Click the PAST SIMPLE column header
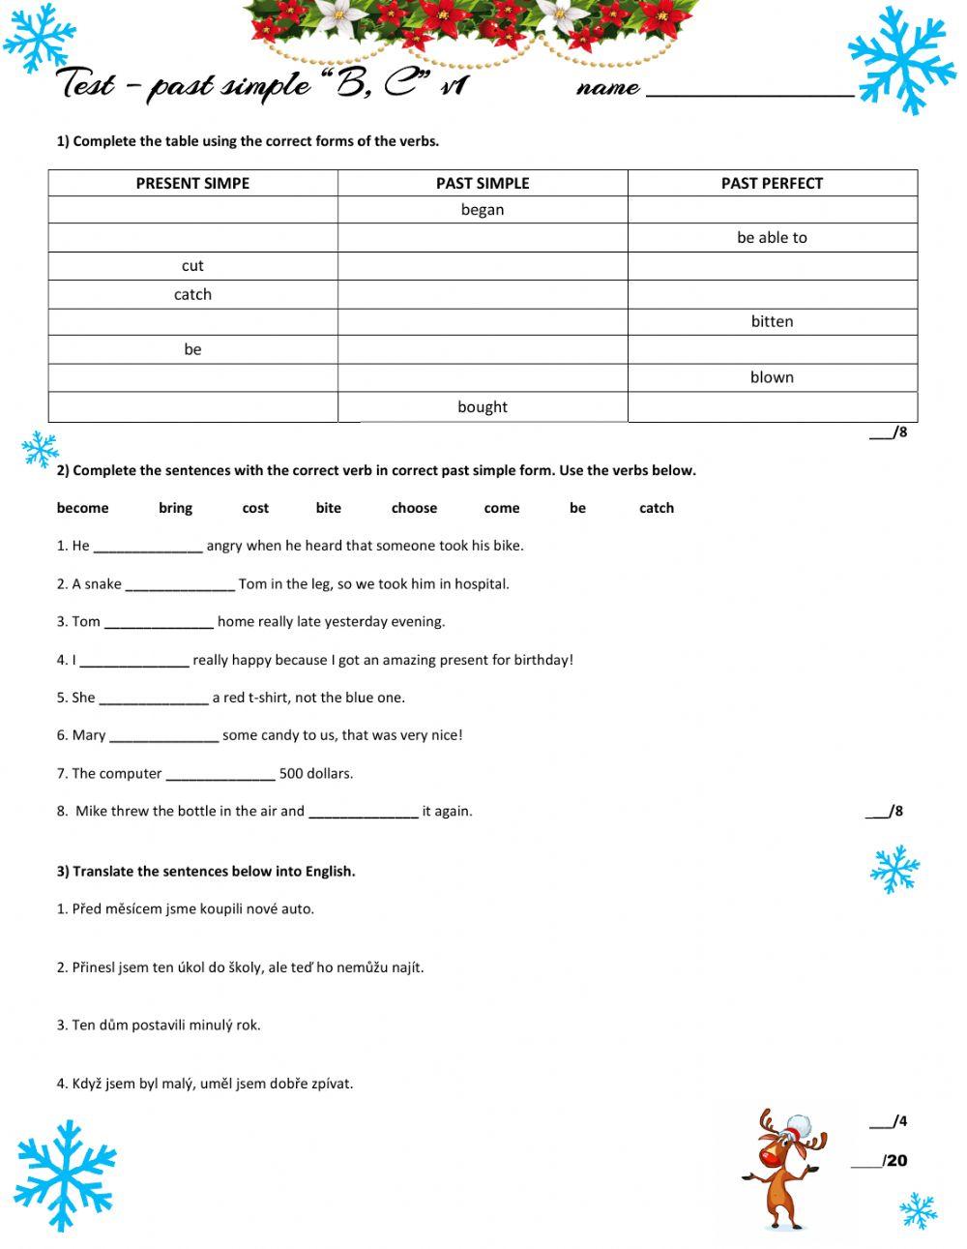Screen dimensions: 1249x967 pyautogui.click(x=483, y=183)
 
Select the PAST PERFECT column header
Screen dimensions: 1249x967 pyautogui.click(x=772, y=183)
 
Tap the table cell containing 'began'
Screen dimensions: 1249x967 pyautogui.click(x=483, y=210)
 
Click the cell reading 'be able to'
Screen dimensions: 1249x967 pyautogui.click(x=772, y=238)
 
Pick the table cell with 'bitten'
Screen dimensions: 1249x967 pyautogui.click(x=772, y=322)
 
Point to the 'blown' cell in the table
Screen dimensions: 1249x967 pyautogui.click(x=772, y=378)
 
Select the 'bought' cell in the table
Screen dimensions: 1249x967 pyautogui.click(x=483, y=407)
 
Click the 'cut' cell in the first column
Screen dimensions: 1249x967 pyautogui.click(x=192, y=266)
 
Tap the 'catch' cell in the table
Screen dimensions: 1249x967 pyautogui.click(x=192, y=295)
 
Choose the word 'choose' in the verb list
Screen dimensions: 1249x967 pyautogui.click(x=414, y=508)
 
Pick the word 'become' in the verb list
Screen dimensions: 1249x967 pyautogui.click(x=83, y=508)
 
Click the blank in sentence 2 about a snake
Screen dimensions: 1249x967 pyautogui.click(x=180, y=584)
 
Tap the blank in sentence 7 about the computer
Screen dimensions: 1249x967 pyautogui.click(x=220, y=774)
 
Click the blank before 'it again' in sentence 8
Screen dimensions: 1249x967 pyautogui.click(x=363, y=812)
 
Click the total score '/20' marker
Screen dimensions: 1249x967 pyautogui.click(x=894, y=1161)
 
